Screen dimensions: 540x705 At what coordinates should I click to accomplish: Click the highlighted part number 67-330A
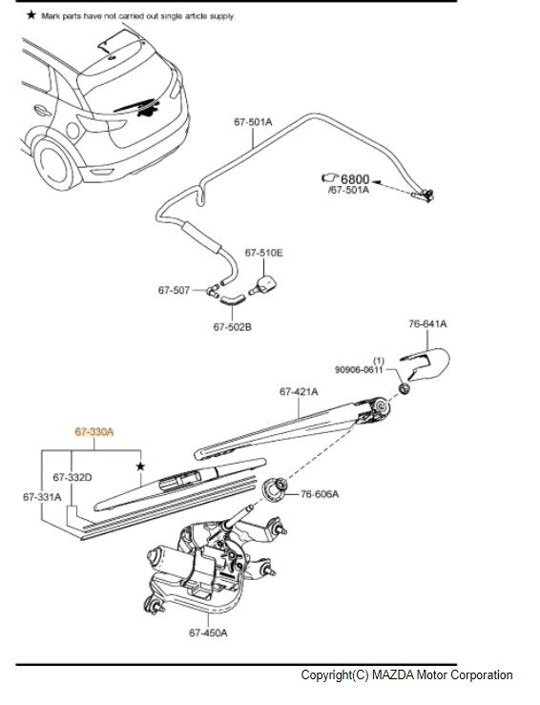pyautogui.click(x=94, y=432)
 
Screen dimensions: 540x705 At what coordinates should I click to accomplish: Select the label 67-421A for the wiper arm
pyautogui.click(x=299, y=392)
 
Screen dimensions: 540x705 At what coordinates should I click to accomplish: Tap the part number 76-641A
pyautogui.click(x=427, y=323)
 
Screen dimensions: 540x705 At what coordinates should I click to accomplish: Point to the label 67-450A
pyautogui.click(x=208, y=632)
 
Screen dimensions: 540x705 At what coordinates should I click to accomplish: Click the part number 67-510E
pyautogui.click(x=264, y=253)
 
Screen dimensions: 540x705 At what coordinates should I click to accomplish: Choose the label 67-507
pyautogui.click(x=174, y=290)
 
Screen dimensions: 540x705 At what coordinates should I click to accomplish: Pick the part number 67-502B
pyautogui.click(x=233, y=327)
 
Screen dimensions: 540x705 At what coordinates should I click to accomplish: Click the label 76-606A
pyautogui.click(x=320, y=494)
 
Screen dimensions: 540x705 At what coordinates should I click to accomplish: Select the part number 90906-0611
pyautogui.click(x=359, y=369)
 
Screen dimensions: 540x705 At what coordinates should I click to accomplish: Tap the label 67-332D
pyautogui.click(x=73, y=477)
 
